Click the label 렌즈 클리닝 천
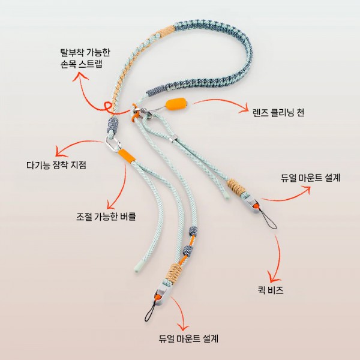point(278,113)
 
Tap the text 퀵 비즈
point(271,290)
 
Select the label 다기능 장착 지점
point(56,165)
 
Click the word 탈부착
point(72,53)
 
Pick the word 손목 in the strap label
point(68,64)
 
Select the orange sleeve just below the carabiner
point(126,155)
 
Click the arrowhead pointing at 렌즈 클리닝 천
point(244,109)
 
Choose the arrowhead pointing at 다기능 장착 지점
point(59,152)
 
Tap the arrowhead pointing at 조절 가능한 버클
point(111,204)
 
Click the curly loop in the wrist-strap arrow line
point(108,107)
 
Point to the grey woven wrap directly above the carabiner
point(113,125)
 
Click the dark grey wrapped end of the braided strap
point(155,91)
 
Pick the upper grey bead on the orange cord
point(193,231)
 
